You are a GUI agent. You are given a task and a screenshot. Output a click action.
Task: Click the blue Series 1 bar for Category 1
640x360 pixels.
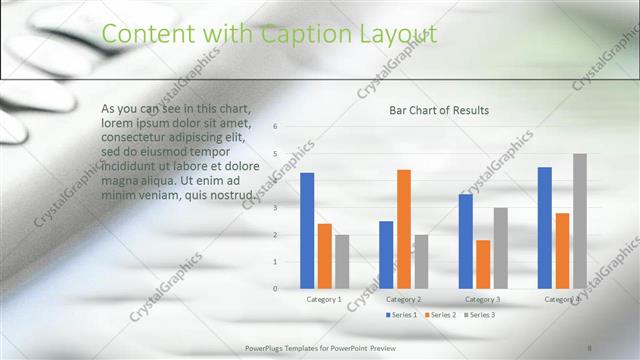(x=307, y=231)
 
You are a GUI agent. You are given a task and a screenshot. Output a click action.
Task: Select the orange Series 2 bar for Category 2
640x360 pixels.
(x=403, y=229)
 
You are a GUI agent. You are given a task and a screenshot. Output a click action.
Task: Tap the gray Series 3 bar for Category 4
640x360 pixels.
(x=580, y=221)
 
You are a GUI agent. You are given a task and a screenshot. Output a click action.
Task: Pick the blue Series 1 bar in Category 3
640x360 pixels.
(x=465, y=241)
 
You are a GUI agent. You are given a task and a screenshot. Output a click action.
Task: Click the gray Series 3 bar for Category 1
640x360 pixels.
(x=342, y=261)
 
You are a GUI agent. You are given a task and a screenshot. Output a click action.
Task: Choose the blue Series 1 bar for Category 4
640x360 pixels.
(x=545, y=228)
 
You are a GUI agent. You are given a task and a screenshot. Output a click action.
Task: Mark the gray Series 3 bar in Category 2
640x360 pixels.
(x=421, y=261)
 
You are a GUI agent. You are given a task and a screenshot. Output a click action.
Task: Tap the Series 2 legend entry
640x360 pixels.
(x=442, y=315)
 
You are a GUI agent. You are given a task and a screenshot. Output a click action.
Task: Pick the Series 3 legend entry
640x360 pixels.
(x=481, y=315)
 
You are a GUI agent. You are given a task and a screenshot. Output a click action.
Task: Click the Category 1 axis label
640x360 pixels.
(x=324, y=299)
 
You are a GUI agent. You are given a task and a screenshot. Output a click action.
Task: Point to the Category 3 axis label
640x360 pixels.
(x=483, y=299)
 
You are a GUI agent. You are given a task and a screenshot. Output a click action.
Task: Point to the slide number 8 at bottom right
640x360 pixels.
(x=590, y=347)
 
